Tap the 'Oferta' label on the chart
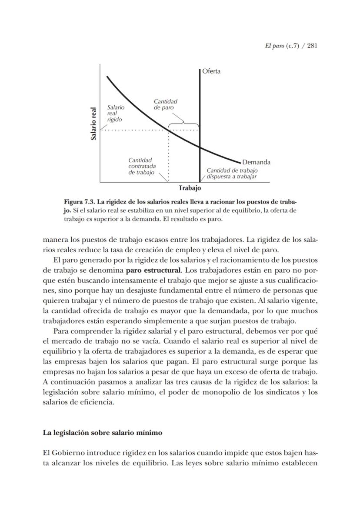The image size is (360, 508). coord(211,71)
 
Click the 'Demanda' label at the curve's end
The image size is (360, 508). coord(256,162)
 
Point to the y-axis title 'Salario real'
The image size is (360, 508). coord(93,124)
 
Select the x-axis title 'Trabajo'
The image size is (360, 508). coord(190,188)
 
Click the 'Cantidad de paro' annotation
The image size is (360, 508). coord(165,104)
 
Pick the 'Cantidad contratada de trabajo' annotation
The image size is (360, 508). coord(142,167)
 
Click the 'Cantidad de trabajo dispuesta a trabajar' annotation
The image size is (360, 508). coord(232,174)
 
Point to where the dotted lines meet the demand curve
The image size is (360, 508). coord(168,130)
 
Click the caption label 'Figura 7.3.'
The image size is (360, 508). coord(79,202)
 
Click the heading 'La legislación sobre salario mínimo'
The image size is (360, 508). coord(102,433)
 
